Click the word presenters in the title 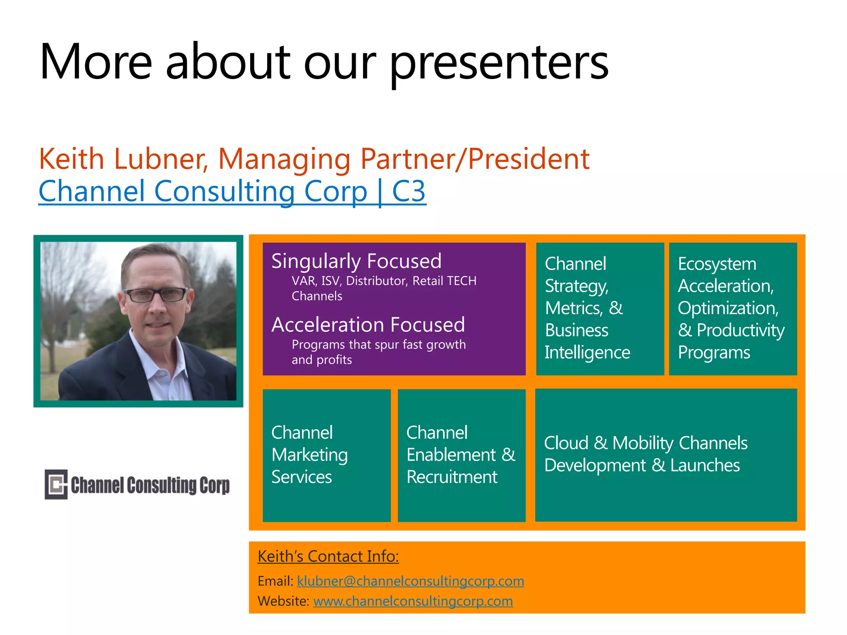(499, 62)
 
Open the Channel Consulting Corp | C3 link (232, 191)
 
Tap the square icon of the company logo (56, 484)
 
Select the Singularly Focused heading (356, 261)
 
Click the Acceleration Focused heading (368, 325)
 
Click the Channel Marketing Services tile (326, 455)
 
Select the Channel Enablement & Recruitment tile (461, 455)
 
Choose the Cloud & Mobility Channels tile (666, 454)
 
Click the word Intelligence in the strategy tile (587, 353)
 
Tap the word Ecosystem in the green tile (717, 264)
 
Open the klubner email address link (410, 581)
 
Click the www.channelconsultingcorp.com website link (413, 601)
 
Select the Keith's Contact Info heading (328, 556)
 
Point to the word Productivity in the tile (740, 330)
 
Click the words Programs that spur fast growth (378, 345)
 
